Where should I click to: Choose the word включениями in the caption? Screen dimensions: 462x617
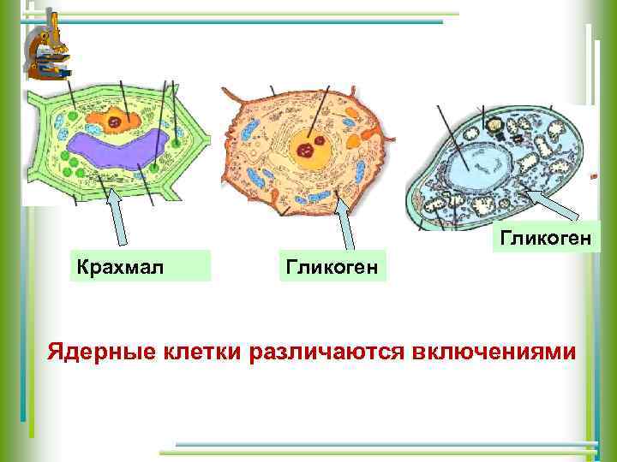click(x=497, y=352)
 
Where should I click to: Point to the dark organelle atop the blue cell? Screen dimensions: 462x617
click(x=494, y=126)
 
